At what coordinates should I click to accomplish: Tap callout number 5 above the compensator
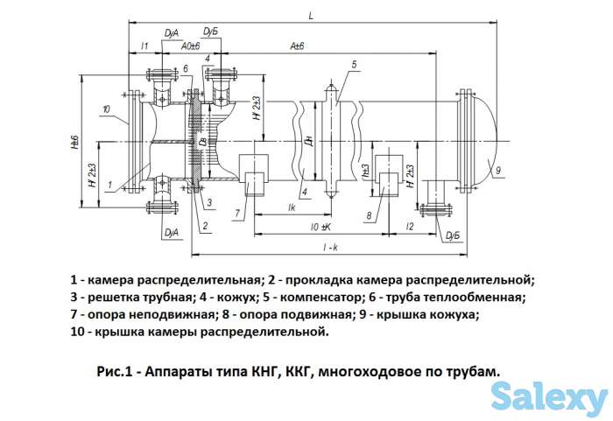(354, 64)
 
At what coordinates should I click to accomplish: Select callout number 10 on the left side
(105, 109)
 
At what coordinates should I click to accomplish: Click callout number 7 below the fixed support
(236, 212)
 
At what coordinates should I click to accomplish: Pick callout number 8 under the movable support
(370, 214)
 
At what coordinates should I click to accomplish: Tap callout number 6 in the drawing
(187, 67)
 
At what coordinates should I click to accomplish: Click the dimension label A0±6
(190, 46)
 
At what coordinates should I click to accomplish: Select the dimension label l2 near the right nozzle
(409, 227)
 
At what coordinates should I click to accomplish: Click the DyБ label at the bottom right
(452, 236)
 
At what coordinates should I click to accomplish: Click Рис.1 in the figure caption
(116, 371)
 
